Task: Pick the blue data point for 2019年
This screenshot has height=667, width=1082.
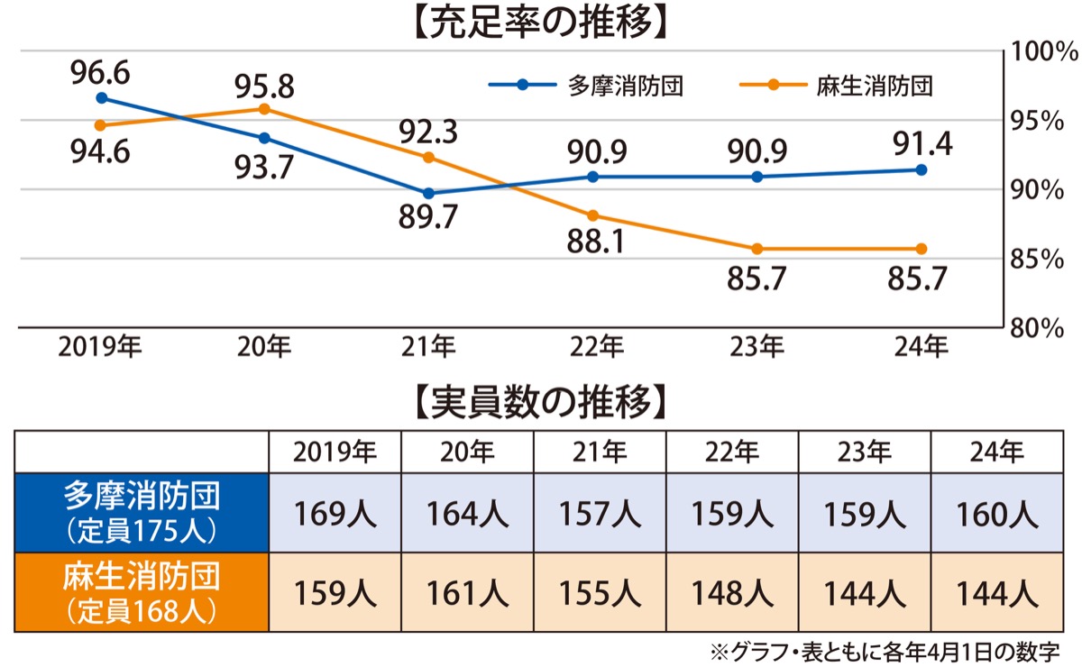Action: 101,97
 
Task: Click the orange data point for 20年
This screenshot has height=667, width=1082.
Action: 264,109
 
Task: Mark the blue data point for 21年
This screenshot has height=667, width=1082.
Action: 428,193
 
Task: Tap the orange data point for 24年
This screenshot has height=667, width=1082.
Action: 921,249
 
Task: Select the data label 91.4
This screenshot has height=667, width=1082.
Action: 921,142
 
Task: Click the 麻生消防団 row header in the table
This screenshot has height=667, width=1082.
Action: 142,591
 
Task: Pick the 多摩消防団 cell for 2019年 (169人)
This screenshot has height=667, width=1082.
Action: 335,515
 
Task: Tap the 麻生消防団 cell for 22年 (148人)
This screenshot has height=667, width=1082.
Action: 731,593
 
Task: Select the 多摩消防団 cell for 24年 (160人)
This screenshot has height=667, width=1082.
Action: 996,515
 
